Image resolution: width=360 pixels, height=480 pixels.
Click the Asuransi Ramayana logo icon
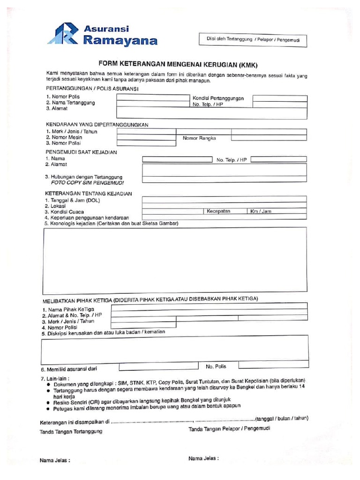click(x=64, y=34)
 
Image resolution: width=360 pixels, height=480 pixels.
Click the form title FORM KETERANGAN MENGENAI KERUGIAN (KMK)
click(x=178, y=64)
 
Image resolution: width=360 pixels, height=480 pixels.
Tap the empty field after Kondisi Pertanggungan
click(x=280, y=98)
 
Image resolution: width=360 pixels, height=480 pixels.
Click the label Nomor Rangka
click(x=199, y=138)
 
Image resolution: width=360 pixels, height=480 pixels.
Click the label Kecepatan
click(x=219, y=211)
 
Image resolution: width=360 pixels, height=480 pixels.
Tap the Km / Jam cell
click(x=261, y=211)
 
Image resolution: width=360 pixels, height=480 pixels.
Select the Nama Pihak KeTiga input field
click(x=209, y=307)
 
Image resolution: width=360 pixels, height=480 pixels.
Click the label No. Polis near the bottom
click(x=216, y=366)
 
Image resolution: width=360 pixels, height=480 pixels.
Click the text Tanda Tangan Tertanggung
click(x=71, y=431)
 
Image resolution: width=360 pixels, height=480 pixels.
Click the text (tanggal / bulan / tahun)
click(x=282, y=419)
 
